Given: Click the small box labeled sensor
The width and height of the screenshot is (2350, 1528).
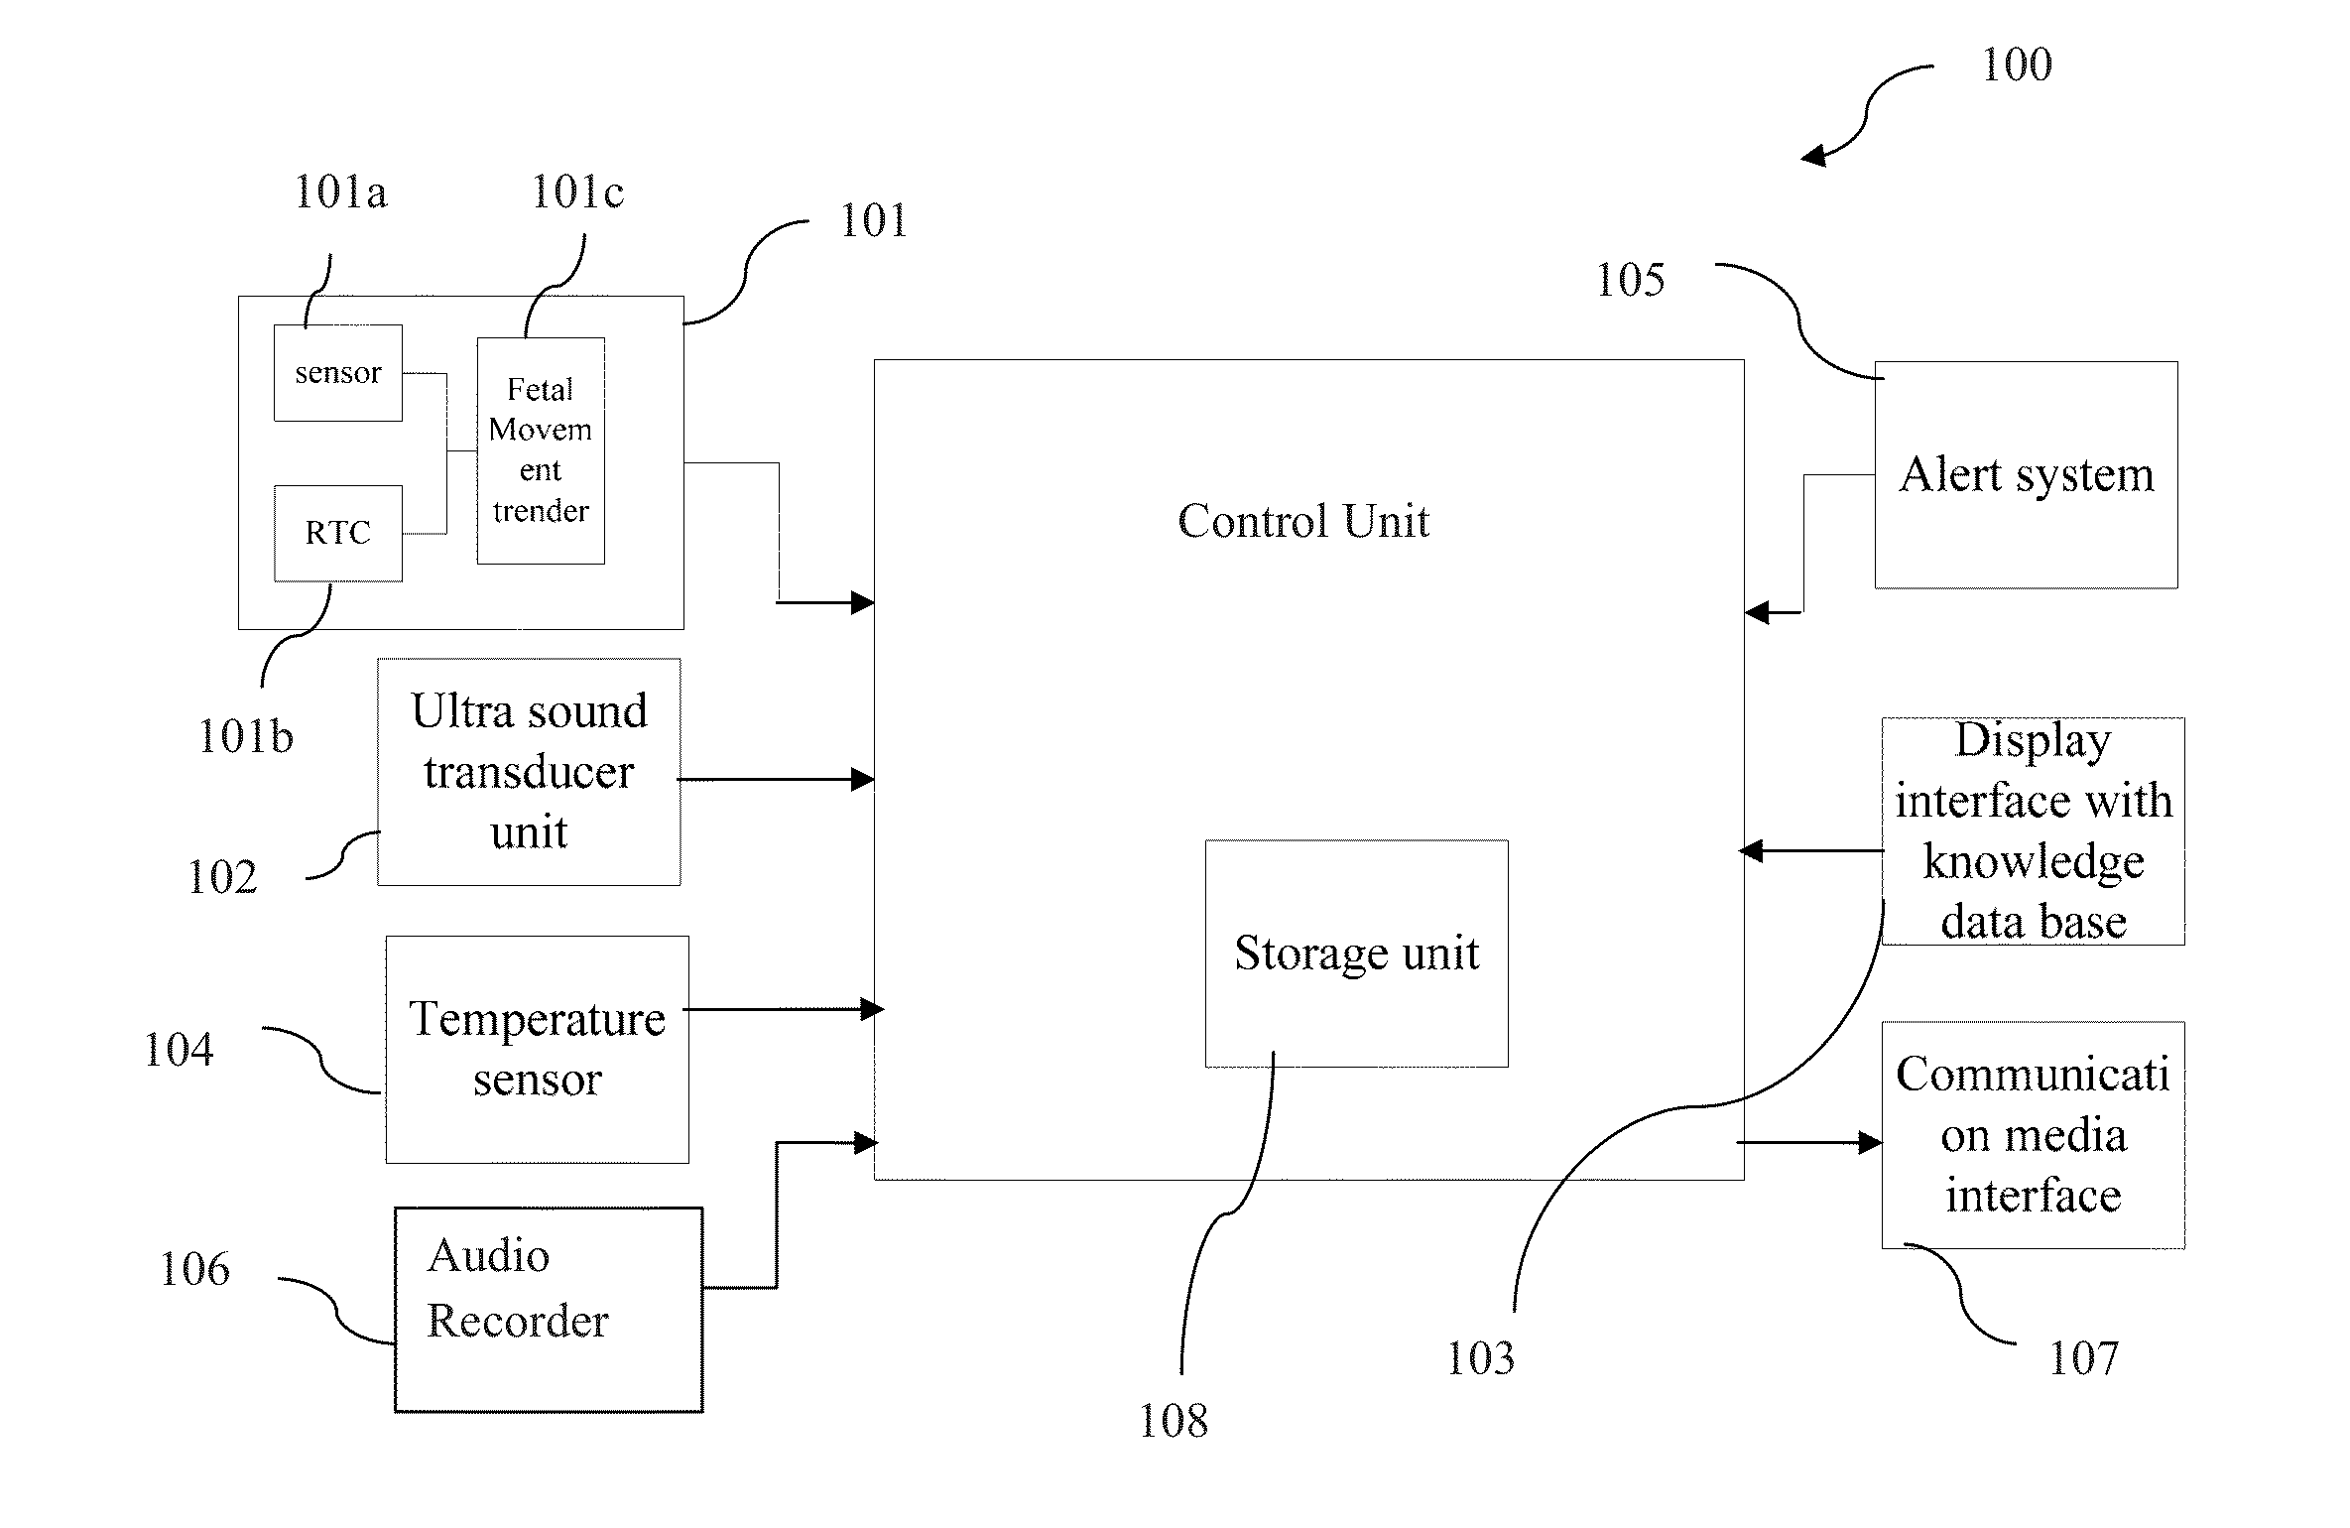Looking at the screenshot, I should pos(338,373).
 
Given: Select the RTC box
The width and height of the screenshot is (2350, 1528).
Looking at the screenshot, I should pos(338,533).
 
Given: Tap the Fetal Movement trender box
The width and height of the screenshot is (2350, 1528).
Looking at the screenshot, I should pos(541,450).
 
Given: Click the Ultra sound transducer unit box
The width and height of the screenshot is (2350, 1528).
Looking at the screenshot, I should pos(529,772).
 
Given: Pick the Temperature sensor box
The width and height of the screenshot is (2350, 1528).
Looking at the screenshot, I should pos(537,1049).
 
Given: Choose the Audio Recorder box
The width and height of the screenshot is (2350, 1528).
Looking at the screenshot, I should pos(549,1309).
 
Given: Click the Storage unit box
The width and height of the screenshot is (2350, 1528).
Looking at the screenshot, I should pos(1356,954).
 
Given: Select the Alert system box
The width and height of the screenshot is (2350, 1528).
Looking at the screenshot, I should pos(2026,474).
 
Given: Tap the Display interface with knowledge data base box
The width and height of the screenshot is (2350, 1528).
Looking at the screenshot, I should pos(2033,830).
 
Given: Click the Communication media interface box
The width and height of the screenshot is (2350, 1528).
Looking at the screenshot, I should pos(2033,1134).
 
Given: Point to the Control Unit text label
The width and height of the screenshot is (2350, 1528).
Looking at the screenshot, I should pos(1303,521).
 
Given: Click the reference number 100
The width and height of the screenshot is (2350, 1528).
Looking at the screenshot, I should pos(2016,65).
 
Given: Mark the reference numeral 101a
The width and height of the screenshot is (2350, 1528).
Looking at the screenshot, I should pos(340,191).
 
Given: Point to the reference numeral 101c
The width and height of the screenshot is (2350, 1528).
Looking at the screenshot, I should pos(577,191).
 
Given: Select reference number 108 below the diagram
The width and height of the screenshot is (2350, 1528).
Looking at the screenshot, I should pos(1173,1421).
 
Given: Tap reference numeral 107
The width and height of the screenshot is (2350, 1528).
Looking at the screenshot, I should pos(2083,1357).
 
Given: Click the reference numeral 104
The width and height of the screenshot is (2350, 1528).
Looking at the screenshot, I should pos(179,1050).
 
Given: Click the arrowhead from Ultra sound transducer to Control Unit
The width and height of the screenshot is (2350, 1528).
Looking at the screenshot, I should pos(862,780).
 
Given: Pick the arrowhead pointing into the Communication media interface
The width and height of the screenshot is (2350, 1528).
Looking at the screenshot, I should pos(1870,1143).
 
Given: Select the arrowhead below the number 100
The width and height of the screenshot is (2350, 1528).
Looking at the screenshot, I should pos(1813,156).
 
